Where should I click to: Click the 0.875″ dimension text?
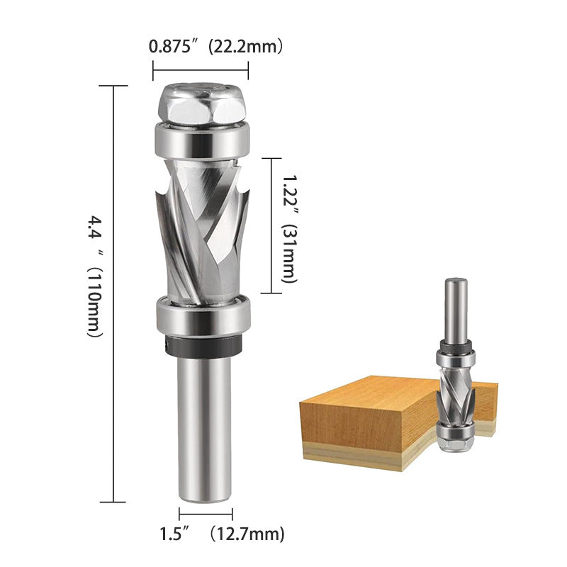click(169, 47)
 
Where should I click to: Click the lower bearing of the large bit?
click(201, 314)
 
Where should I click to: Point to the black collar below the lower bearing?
click(201, 344)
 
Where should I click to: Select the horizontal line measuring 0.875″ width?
click(201, 69)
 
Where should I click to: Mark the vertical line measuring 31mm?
click(271, 225)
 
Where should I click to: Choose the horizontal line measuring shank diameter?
click(206, 514)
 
